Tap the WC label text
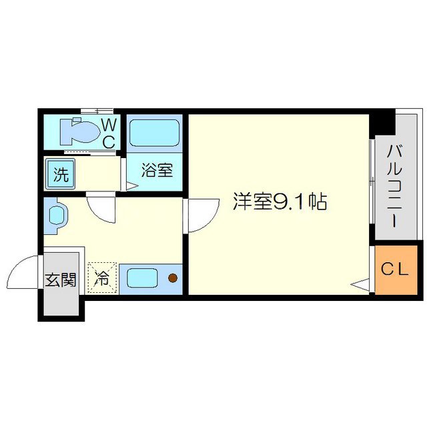point(109,132)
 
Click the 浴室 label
point(157,171)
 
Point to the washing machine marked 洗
point(60,175)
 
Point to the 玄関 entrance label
point(60,280)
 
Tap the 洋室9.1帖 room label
point(279,201)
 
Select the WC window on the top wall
point(97,110)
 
